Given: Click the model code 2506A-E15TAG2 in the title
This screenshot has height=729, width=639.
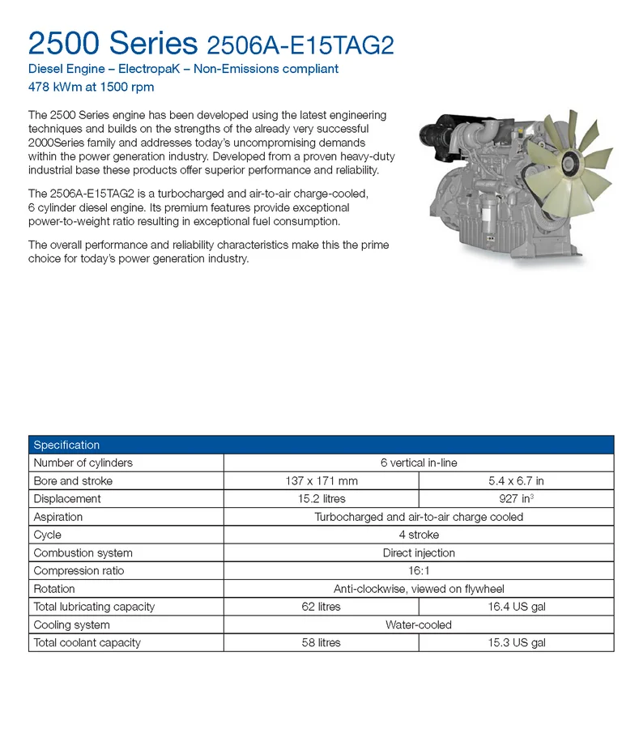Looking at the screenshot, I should (300, 44).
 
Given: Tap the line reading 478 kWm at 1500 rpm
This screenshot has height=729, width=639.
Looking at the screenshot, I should (91, 87).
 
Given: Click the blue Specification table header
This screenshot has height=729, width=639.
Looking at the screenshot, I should (321, 445).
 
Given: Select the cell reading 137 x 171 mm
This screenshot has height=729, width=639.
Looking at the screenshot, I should (321, 480).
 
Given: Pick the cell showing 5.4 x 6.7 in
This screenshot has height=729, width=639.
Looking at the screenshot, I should (516, 480).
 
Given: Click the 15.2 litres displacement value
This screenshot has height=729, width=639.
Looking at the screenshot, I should (321, 499).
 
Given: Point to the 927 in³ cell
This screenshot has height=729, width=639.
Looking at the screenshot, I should (516, 499).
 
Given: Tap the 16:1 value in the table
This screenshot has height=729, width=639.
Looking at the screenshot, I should (418, 571).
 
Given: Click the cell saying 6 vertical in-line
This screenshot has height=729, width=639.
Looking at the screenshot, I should (418, 463).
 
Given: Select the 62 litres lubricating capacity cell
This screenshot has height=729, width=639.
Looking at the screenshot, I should (321, 607).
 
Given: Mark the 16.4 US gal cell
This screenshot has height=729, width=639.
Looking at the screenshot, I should (516, 607).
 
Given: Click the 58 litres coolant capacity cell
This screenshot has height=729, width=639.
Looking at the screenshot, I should (321, 642).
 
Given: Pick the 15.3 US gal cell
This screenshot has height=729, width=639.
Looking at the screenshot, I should (516, 642).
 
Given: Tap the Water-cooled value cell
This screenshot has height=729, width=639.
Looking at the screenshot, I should (418, 625).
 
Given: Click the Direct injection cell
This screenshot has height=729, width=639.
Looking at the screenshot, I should (418, 553).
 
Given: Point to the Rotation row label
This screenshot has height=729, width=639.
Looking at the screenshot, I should (54, 589).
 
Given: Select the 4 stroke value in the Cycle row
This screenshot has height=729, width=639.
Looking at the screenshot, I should (418, 535).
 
